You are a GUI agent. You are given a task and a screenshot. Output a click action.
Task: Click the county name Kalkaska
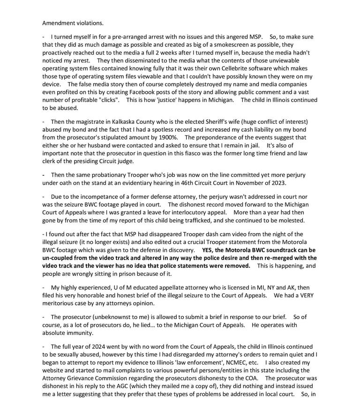click(x=119, y=122)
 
